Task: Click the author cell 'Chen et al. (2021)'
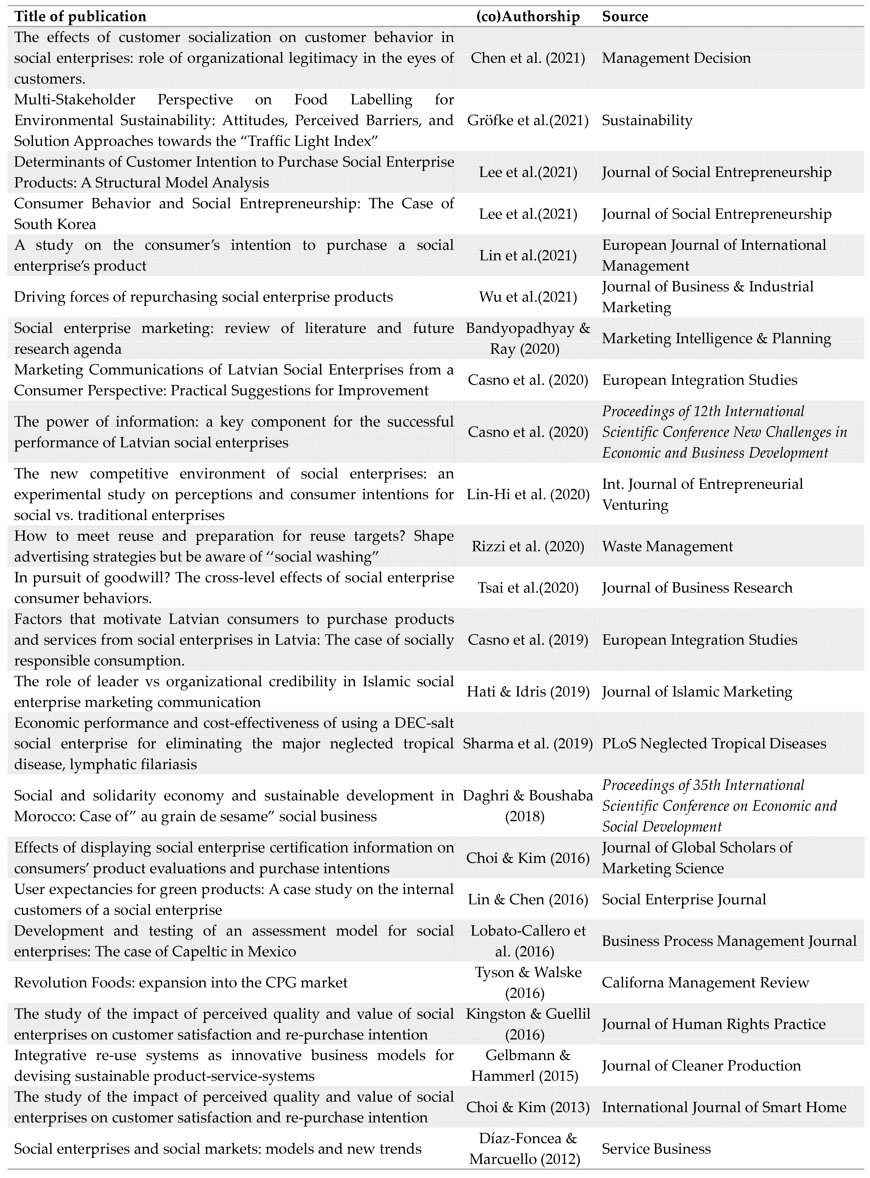click(528, 58)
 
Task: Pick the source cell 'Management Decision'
click(676, 58)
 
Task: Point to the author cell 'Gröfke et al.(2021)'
click(528, 120)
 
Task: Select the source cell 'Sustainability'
click(647, 120)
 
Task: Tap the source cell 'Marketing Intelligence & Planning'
click(716, 338)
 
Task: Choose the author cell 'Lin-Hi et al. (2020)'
click(528, 494)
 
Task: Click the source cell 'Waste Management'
click(667, 546)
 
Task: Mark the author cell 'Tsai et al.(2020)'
click(528, 588)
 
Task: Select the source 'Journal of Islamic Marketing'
click(697, 692)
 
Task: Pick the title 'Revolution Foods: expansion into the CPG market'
click(181, 983)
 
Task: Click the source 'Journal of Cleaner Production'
click(701, 1066)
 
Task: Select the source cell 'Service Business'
click(656, 1149)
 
